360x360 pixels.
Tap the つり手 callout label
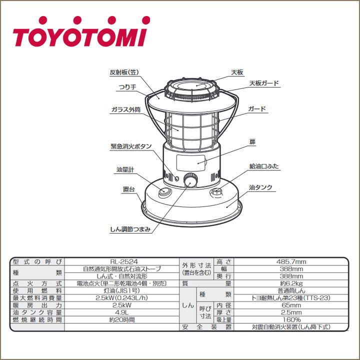click(x=127, y=86)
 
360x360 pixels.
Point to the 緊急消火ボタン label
click(x=131, y=147)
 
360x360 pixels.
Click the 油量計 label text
click(x=125, y=170)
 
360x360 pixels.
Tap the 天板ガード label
click(x=263, y=83)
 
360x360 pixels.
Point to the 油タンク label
click(x=260, y=187)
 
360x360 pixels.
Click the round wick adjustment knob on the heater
click(x=190, y=180)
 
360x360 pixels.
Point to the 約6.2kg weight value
click(x=291, y=283)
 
